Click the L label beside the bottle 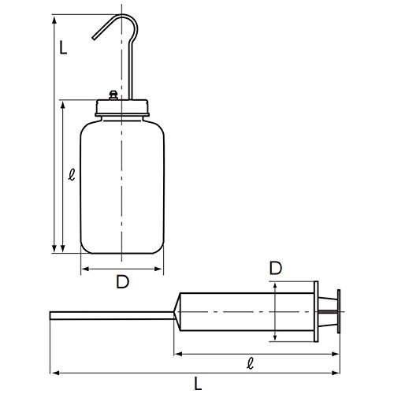[x=63, y=47]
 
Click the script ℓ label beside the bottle [x=72, y=175]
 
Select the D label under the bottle [x=123, y=281]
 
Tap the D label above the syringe [x=276, y=268]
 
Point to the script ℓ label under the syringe [x=251, y=363]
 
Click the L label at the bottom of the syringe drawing [x=198, y=383]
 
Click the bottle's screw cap [x=122, y=108]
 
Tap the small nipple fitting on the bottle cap [x=113, y=95]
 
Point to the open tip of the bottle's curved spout [x=93, y=39]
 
